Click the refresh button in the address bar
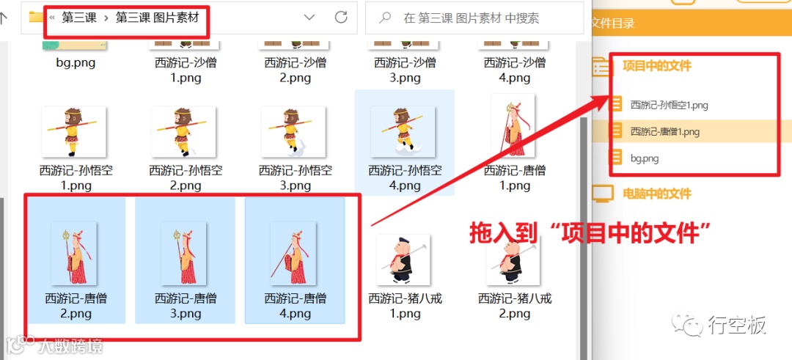pos(341,18)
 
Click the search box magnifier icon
pos(385,18)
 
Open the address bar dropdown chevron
pos(309,18)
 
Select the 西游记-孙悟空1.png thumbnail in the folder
pos(74,131)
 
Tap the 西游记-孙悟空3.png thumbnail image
pos(293,131)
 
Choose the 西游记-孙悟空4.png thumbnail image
pos(403,131)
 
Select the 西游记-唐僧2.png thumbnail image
pos(75,253)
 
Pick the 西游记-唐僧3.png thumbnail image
pos(184,253)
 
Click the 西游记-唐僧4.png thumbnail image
pos(293,253)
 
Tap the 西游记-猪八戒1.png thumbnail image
pos(403,260)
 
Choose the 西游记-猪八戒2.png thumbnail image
pos(513,260)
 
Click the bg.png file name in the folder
pos(76,62)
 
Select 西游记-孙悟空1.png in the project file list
pos(669,105)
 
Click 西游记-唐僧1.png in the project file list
pos(664,132)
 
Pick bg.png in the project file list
pos(645,158)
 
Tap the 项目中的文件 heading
pos(656,66)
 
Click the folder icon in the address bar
pos(36,17)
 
